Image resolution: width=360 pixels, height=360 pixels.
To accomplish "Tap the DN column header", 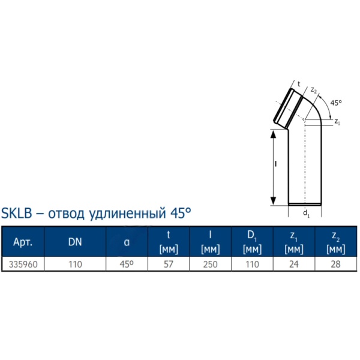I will point(76,243).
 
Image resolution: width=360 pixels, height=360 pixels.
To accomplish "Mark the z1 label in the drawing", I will point(338,122).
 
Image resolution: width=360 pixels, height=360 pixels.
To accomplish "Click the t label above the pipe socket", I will point(299,83).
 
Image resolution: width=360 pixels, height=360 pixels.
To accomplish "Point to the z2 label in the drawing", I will point(313,90).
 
